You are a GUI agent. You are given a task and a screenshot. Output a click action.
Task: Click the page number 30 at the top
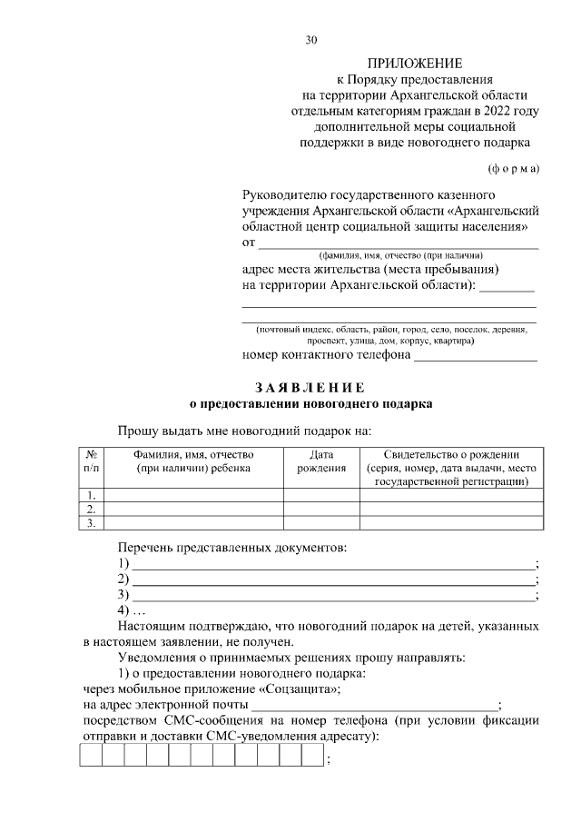pyautogui.click(x=311, y=40)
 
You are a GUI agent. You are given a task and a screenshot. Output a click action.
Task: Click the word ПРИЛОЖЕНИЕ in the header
pyautogui.click(x=414, y=64)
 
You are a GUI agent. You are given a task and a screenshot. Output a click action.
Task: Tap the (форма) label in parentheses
pyautogui.click(x=513, y=168)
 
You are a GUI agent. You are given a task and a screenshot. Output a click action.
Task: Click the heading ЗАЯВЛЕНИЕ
pyautogui.click(x=310, y=388)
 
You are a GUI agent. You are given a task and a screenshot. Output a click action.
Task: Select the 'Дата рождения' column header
pyautogui.click(x=321, y=461)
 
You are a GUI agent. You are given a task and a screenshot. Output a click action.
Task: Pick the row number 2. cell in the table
pyautogui.click(x=91, y=510)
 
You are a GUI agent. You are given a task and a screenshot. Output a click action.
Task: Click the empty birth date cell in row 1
pyautogui.click(x=321, y=495)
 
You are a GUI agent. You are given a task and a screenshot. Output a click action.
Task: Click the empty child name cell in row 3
pyautogui.click(x=195, y=524)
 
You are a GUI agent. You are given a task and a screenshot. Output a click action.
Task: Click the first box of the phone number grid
pyautogui.click(x=91, y=756)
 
